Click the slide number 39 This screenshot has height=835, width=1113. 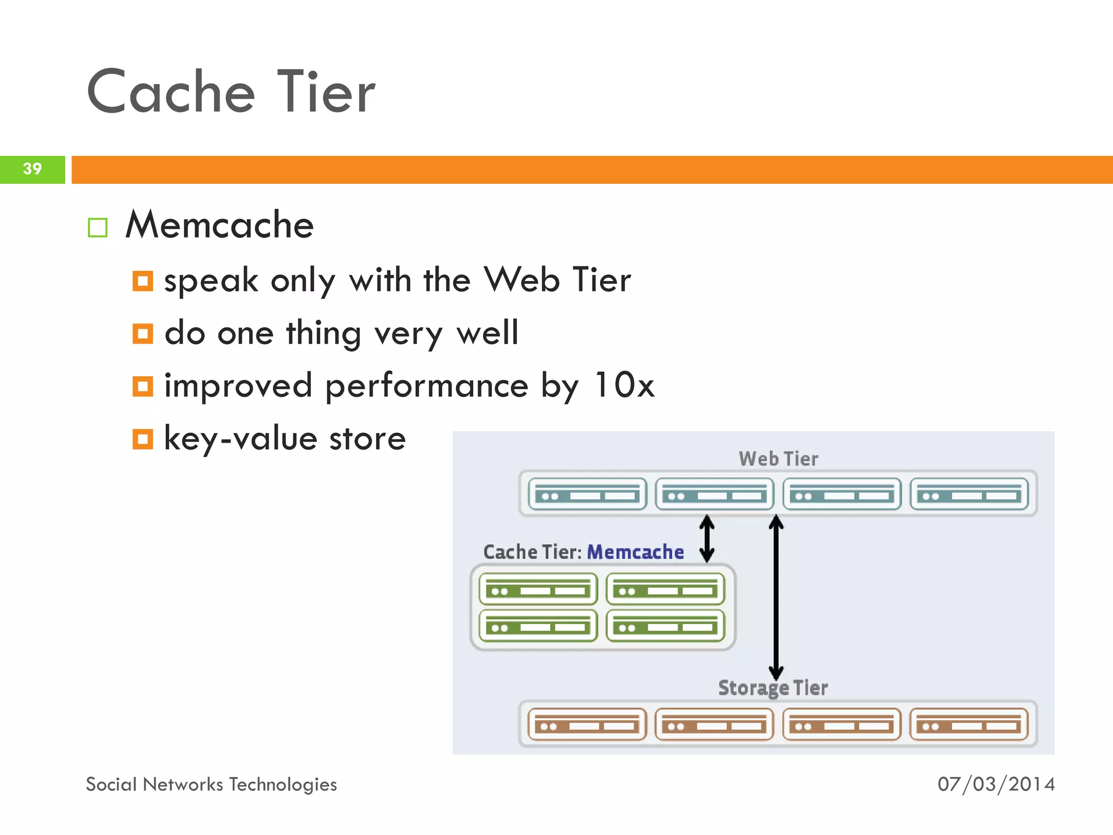coord(32,169)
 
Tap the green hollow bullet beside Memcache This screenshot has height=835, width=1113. coord(98,228)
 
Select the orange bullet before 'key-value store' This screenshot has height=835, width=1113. coord(143,439)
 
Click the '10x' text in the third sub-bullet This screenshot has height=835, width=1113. coord(624,385)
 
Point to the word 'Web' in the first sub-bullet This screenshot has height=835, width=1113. coord(522,280)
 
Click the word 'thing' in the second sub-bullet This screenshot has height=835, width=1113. coord(323,333)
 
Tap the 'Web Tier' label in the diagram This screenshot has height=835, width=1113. coord(778,459)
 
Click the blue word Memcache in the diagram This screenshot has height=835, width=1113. coord(635,552)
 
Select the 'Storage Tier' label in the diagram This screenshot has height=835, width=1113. coord(773,688)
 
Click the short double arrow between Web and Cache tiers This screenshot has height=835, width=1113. coord(706,538)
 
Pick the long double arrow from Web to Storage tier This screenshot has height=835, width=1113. coord(776,598)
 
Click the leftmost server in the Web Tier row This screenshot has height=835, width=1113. coord(587,494)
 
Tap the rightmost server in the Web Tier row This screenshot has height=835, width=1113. coord(969,494)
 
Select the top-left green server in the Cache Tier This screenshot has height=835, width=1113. coord(538,589)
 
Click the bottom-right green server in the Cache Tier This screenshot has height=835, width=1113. coord(666,626)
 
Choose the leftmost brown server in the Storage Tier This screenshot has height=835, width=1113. coord(587,724)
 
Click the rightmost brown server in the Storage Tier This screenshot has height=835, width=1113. coord(969,724)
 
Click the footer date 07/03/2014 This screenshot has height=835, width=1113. coord(996,784)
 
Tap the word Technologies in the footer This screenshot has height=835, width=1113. coord(283,784)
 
